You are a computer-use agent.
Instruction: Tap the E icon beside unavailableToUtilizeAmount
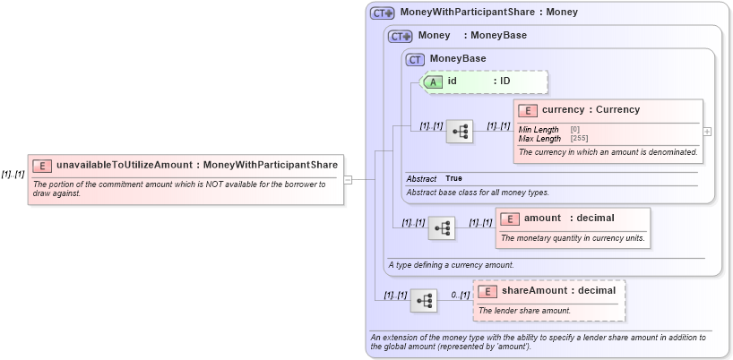click(x=42, y=166)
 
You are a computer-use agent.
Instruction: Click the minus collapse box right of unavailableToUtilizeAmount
click(x=348, y=179)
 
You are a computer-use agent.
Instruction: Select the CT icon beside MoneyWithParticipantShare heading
click(x=383, y=13)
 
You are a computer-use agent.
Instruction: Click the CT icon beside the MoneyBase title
click(x=415, y=59)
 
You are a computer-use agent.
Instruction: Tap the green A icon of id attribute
click(x=433, y=81)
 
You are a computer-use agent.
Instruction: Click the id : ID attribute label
click(x=479, y=81)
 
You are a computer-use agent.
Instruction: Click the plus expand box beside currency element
click(x=708, y=131)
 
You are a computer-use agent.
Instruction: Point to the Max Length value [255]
click(x=580, y=139)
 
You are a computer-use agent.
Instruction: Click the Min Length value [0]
click(x=574, y=130)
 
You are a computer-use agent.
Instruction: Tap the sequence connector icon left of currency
click(x=461, y=131)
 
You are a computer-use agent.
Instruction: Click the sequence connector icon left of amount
click(x=442, y=228)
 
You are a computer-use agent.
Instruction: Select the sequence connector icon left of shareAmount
click(x=424, y=300)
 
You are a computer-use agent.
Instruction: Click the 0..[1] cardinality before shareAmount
click(x=460, y=295)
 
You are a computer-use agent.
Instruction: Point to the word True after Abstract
click(x=454, y=179)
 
